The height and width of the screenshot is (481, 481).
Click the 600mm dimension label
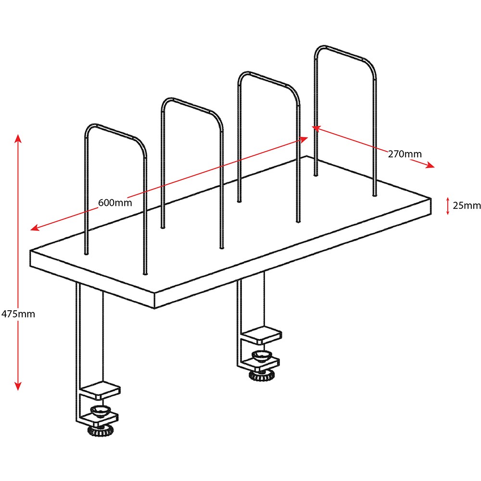(x=115, y=203)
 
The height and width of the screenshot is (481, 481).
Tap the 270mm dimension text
(x=405, y=154)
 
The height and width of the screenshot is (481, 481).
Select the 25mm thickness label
(x=467, y=205)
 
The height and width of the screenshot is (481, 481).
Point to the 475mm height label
(x=18, y=314)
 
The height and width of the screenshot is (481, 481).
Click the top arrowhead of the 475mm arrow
(x=18, y=139)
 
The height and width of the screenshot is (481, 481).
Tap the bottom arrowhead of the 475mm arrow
(x=18, y=386)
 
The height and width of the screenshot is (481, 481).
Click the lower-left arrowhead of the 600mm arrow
(x=35, y=228)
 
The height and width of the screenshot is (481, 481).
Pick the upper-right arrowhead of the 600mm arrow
(x=304, y=139)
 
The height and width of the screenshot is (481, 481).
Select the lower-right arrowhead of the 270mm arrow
(x=430, y=165)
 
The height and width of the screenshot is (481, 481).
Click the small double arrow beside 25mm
(x=447, y=205)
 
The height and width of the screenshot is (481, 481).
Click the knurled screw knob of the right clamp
(x=261, y=375)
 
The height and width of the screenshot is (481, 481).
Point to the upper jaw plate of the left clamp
(x=100, y=391)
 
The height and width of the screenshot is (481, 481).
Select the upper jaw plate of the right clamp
(x=261, y=336)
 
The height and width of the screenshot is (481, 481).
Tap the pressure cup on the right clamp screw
(x=261, y=356)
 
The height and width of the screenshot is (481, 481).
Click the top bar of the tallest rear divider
(x=344, y=53)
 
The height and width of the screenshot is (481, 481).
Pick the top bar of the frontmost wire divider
(x=115, y=131)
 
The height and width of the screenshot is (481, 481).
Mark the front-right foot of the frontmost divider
(x=145, y=272)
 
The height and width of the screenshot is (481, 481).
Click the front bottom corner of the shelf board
(x=154, y=308)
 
